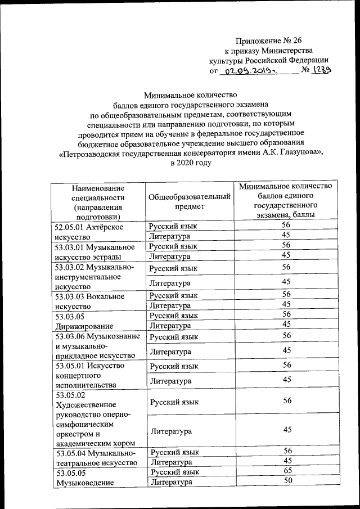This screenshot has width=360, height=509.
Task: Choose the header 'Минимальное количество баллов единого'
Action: (286, 191)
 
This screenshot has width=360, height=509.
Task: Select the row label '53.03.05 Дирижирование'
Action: (84, 321)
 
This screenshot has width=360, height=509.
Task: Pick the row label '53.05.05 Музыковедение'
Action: (84, 478)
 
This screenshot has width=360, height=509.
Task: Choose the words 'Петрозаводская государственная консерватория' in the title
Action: (160, 152)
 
